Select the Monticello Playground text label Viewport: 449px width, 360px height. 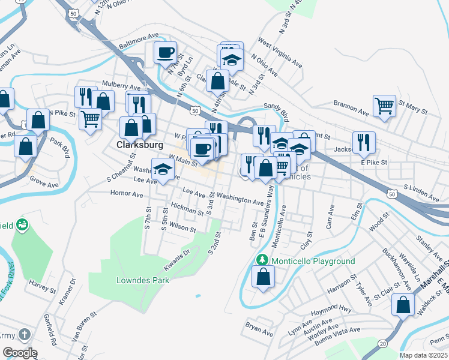(313, 261)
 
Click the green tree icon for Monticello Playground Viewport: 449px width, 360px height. (261, 260)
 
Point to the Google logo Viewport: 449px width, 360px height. (20, 353)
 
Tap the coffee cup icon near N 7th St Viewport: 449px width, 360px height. (165, 52)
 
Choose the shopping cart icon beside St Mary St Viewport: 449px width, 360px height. (384, 106)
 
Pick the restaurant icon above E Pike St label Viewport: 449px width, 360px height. (364, 142)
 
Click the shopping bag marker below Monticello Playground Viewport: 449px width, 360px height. (263, 277)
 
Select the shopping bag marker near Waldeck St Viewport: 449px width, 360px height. (403, 304)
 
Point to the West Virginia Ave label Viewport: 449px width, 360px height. (280, 53)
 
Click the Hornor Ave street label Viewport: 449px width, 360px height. (127, 194)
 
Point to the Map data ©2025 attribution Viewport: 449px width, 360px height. (423, 355)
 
